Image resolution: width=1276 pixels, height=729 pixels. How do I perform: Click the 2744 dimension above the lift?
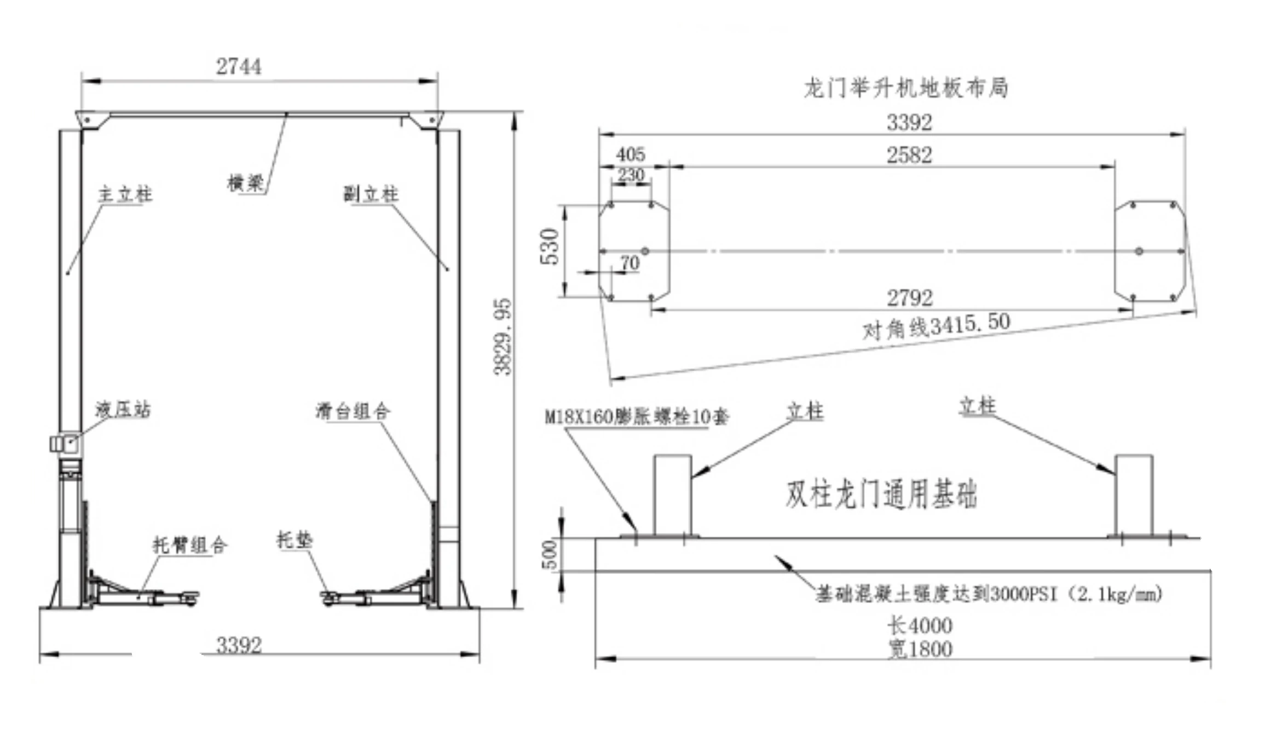[239, 67]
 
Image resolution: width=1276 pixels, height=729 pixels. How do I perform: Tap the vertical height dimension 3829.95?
[503, 337]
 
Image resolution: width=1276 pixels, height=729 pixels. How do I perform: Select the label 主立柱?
[125, 194]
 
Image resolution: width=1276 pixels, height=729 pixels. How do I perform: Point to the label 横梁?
[246, 182]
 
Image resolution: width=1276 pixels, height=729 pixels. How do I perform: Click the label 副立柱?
[371, 193]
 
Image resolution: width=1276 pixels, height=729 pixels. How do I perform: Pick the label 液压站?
[123, 409]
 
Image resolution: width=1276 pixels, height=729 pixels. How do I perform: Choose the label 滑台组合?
[353, 411]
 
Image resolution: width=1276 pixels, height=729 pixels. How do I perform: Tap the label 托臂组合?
[189, 544]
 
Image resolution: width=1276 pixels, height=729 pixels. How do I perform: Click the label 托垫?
[295, 540]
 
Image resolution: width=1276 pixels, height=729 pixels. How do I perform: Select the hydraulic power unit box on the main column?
[65, 443]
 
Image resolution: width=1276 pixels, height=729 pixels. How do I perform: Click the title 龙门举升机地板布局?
[906, 88]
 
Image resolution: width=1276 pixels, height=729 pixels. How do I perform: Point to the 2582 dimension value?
[909, 155]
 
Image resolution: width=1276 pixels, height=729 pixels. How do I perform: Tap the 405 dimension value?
[631, 154]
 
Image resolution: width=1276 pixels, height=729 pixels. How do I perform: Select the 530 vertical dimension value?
[550, 246]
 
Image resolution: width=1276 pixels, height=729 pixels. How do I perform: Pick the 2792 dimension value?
[909, 297]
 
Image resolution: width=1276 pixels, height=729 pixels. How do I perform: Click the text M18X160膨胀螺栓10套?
[637, 417]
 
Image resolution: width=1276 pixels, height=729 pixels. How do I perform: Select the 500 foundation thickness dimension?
[550, 554]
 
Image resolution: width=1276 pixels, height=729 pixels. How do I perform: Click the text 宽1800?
[920, 649]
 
